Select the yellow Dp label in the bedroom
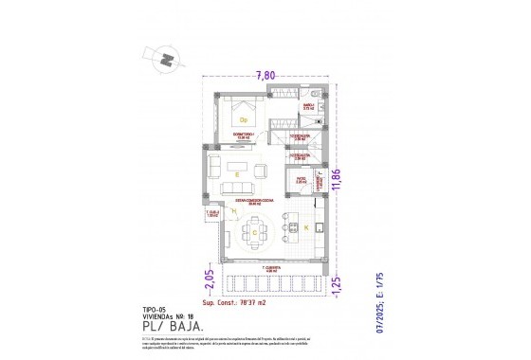(244, 119)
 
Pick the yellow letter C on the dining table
(254, 231)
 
